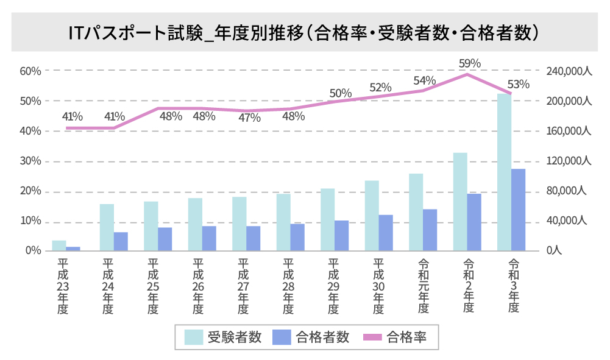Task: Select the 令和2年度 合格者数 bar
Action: (x=474, y=222)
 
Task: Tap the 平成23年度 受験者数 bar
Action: (x=59, y=245)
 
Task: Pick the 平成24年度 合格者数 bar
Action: (x=121, y=241)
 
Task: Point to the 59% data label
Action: (x=470, y=63)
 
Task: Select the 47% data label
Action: (x=249, y=118)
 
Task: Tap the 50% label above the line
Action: (x=340, y=93)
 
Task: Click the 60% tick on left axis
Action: (x=30, y=71)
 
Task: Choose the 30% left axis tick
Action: (x=30, y=161)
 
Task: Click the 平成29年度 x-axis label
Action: (x=333, y=286)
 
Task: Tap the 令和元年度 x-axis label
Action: (x=423, y=286)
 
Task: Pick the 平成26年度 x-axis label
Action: (x=197, y=286)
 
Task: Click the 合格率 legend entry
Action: (x=399, y=337)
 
